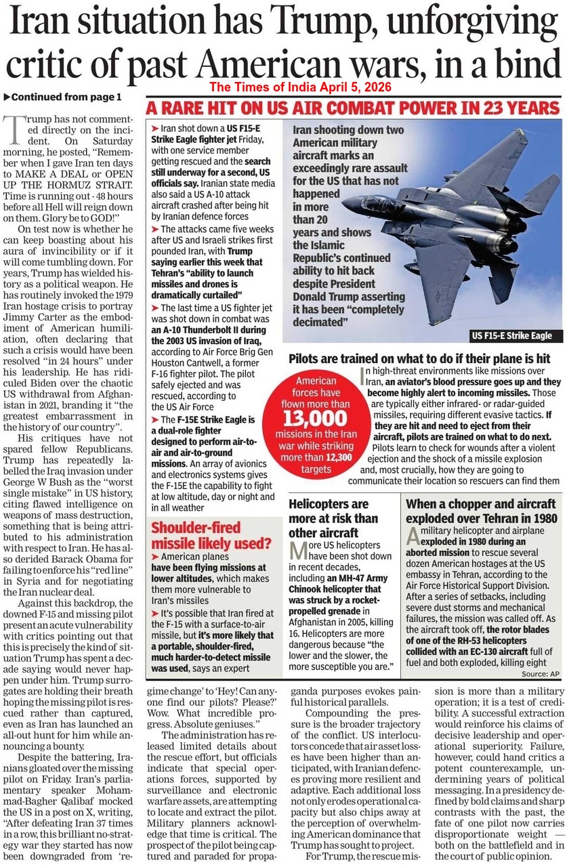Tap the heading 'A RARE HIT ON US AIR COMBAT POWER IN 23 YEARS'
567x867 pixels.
point(352,107)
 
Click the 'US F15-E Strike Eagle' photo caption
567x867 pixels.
point(511,335)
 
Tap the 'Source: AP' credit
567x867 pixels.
point(540,675)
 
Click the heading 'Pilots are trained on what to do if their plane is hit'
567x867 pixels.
point(419,358)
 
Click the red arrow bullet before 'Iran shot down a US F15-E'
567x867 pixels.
point(155,128)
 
